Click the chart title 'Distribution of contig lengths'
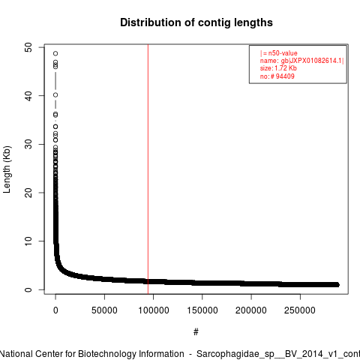coord(196,22)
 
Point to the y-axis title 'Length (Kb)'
coord(7,169)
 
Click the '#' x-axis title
coord(196,332)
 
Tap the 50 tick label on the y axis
coord(28,47)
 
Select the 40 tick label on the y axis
coord(28,96)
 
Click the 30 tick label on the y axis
coord(28,144)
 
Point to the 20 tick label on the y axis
coord(28,193)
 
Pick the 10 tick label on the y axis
coord(28,241)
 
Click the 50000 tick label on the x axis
coord(104,310)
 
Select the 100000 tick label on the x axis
coord(154,310)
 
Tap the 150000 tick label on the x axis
coord(202,310)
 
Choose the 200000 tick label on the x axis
coord(251,310)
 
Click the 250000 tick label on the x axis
coord(300,310)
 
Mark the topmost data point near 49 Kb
coord(55,53)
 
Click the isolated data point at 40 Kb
coord(55,95)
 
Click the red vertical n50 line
coord(148,169)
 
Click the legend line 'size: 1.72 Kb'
coord(278,68)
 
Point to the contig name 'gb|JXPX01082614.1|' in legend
coord(313,61)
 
